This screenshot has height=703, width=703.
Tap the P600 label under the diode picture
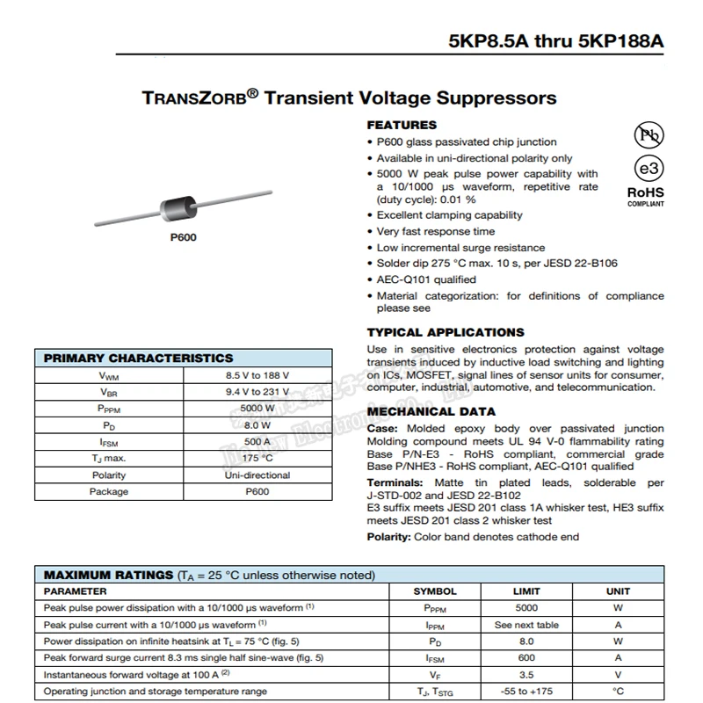[x=183, y=238]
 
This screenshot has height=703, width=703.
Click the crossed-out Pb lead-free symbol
[x=649, y=134]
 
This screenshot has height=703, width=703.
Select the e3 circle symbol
[x=649, y=170]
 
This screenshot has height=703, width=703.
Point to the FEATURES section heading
[x=401, y=125]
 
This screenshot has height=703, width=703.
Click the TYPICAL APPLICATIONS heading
[x=445, y=332]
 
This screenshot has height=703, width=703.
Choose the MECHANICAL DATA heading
[x=431, y=411]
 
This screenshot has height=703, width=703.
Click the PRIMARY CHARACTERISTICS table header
[x=139, y=358]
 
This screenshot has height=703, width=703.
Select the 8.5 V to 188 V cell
[x=257, y=375]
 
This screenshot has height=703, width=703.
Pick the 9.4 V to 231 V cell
[x=257, y=392]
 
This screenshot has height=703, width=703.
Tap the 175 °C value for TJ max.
[x=257, y=459]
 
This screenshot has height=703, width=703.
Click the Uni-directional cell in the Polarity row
[x=257, y=475]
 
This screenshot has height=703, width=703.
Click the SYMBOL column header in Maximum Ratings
[x=435, y=591]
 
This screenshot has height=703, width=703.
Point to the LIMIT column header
[x=526, y=591]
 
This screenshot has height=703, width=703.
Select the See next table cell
[x=526, y=625]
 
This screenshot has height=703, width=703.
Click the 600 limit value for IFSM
[x=526, y=658]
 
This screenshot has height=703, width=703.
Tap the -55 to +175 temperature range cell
[x=526, y=692]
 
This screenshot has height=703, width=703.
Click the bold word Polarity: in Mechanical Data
[x=389, y=537]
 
